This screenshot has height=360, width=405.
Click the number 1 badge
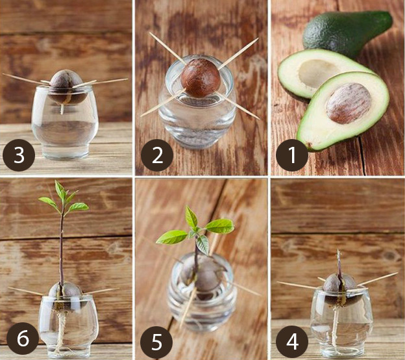coord(292,155)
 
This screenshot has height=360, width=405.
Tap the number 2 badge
coord(157,155)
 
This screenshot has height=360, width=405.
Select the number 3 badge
coord(19,155)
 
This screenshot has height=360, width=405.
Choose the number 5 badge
coord(157,342)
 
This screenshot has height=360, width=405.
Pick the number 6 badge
coord(22,339)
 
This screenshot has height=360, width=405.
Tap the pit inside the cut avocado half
coord(349,103)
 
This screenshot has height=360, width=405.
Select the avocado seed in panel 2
coord(201,78)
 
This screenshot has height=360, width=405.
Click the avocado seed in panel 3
coord(67,87)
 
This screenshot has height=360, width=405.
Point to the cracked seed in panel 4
coord(341,289)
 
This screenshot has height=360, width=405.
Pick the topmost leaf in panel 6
coord(60,191)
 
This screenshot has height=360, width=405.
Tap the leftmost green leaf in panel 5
coord(171,237)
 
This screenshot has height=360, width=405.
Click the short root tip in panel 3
coord(62,109)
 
